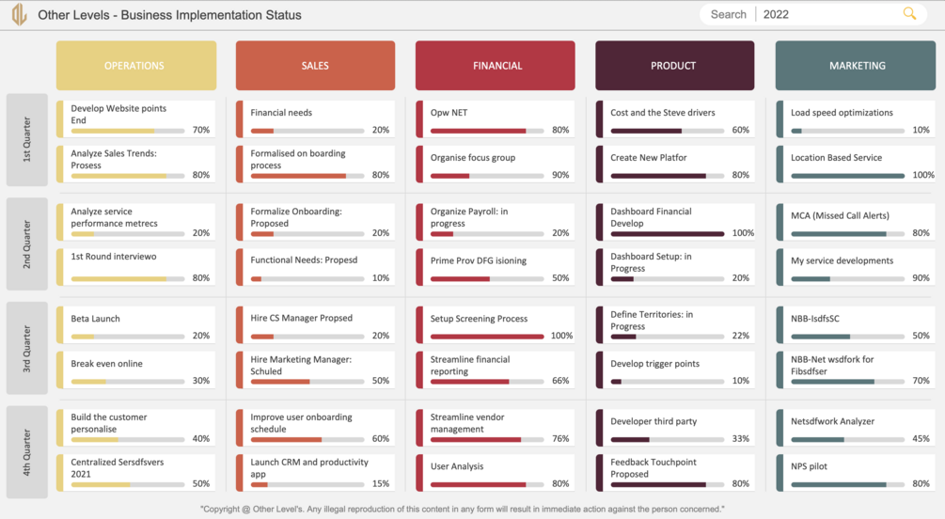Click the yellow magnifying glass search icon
[x=909, y=14]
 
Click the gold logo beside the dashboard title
[x=20, y=14]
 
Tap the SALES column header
[x=315, y=66]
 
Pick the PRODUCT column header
[x=674, y=66]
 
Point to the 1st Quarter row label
[x=26, y=140]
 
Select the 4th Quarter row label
[x=26, y=452]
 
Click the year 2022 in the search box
[x=776, y=14]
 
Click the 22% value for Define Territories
[x=741, y=336]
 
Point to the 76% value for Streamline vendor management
[x=560, y=439]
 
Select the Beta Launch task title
[x=95, y=319]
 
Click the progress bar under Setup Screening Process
[x=487, y=337]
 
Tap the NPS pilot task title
[x=809, y=466]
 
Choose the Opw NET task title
[x=449, y=113]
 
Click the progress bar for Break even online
[x=128, y=382]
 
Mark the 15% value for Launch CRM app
[x=381, y=483]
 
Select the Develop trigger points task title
[x=655, y=364]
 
